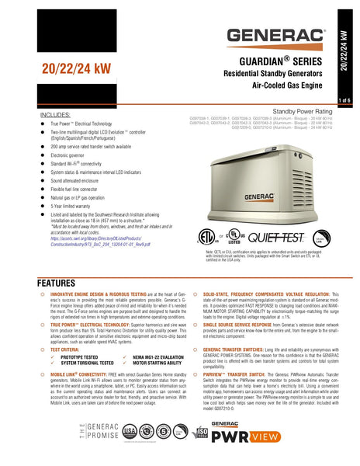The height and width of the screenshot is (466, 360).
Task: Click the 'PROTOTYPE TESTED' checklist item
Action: [83, 358]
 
